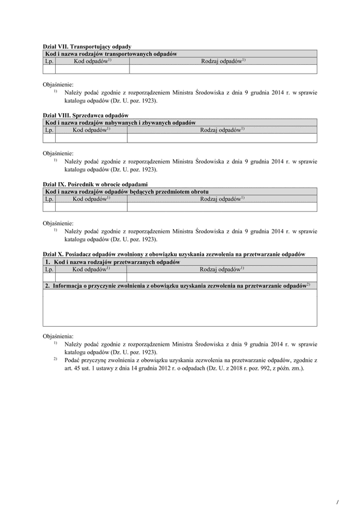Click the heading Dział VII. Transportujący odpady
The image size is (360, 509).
click(x=87, y=47)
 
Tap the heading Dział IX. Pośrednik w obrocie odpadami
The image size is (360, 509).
click(x=96, y=184)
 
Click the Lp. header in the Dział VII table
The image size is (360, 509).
click(x=49, y=61)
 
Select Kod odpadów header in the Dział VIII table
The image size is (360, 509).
click(x=91, y=129)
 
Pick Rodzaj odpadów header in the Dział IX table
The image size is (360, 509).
click(x=222, y=198)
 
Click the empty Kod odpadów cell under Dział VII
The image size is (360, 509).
click(x=91, y=69)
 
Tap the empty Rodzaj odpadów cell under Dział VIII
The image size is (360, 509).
click(x=222, y=138)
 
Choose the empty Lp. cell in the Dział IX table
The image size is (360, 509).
click(x=49, y=207)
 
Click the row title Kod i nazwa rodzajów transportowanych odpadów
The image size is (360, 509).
click(x=110, y=54)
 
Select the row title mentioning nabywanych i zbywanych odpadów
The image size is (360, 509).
click(x=120, y=122)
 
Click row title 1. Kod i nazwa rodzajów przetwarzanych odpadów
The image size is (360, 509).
click(x=112, y=262)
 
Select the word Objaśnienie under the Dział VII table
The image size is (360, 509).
click(x=58, y=85)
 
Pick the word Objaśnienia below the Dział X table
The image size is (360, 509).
click(x=58, y=337)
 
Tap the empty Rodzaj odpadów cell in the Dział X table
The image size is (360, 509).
click(x=222, y=278)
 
